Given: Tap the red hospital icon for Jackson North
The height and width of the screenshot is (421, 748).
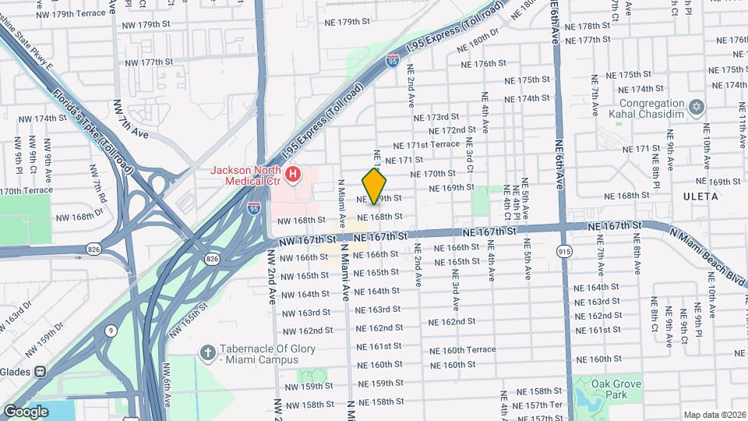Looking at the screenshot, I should coord(293,174).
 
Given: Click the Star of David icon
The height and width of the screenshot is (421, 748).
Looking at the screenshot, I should coord(697,106).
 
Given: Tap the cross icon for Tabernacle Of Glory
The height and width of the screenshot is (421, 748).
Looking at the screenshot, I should coord(207,353).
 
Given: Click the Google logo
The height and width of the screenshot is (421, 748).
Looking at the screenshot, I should coord(26,411).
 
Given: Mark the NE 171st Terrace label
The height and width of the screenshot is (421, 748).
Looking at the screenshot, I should coord(427,145).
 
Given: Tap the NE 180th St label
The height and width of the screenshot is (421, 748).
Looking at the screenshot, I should coord(478,36).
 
